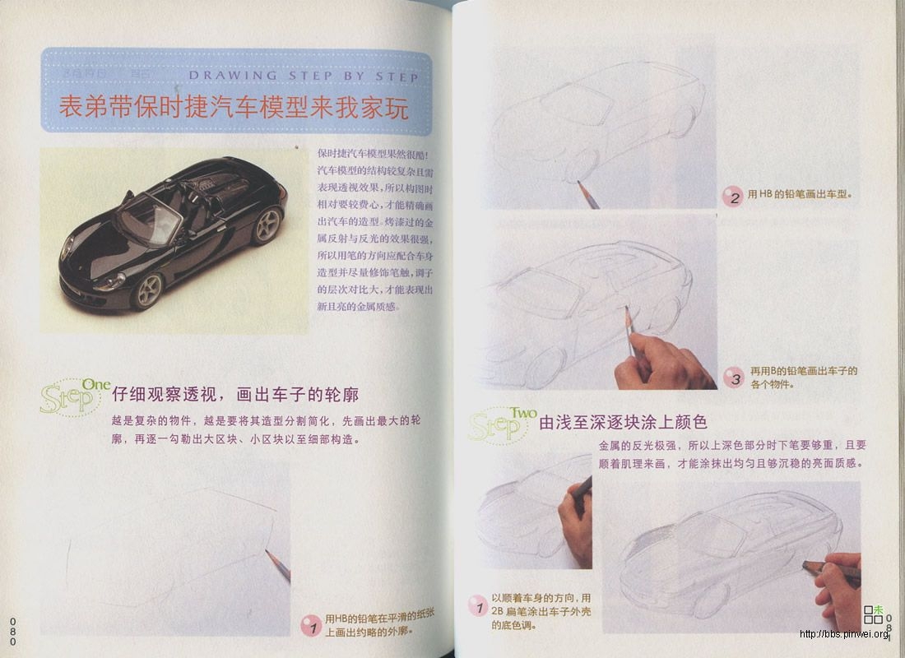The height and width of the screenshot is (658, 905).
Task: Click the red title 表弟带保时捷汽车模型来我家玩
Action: (234, 108)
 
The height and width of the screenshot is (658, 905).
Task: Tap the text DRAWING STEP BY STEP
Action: (304, 76)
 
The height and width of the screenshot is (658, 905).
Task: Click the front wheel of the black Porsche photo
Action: (148, 290)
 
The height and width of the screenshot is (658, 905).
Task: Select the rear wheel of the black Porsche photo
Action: (267, 225)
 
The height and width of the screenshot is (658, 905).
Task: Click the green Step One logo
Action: (74, 397)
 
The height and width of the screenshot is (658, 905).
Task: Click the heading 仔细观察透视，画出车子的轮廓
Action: (235, 396)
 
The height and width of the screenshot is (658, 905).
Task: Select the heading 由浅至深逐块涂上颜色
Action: (623, 424)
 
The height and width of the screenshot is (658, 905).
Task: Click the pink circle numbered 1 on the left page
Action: (309, 625)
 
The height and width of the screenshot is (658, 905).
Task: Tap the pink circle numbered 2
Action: (732, 197)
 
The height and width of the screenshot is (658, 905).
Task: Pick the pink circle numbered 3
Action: (733, 378)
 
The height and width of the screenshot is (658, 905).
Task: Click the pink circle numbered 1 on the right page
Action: (477, 608)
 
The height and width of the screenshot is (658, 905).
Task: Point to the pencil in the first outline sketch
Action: (278, 566)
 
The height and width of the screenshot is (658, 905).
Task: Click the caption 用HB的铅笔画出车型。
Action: (799, 196)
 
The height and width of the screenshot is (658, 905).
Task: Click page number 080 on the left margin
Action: (13, 630)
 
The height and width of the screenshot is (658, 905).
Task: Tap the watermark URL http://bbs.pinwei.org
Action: (844, 633)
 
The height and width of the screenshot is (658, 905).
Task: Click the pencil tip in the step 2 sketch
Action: (579, 183)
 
